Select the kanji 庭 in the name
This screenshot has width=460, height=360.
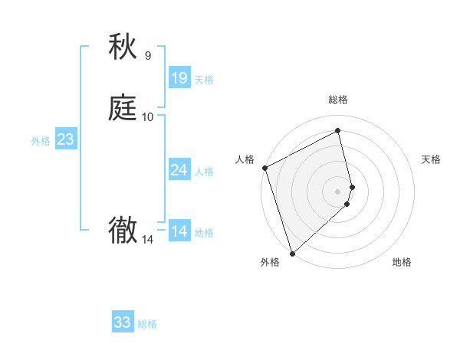click(x=123, y=108)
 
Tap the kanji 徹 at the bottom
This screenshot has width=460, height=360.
click(x=123, y=230)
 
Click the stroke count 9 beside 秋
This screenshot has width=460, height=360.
click(x=148, y=56)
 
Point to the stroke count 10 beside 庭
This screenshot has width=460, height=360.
click(x=148, y=117)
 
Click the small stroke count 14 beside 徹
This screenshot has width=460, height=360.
click(x=148, y=240)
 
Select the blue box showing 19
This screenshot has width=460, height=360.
click(x=179, y=78)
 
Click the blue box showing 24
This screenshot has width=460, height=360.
click(x=179, y=170)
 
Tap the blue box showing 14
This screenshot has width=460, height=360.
click(x=179, y=231)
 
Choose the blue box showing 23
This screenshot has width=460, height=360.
click(x=65, y=139)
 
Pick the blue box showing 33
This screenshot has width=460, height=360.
click(x=123, y=322)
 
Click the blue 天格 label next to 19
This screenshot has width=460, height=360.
click(x=204, y=80)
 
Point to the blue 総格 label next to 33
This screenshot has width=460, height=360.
click(x=147, y=324)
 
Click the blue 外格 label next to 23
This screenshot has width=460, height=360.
click(x=41, y=141)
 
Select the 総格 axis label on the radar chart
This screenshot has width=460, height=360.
click(x=338, y=100)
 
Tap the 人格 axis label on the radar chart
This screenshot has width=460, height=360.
click(x=245, y=159)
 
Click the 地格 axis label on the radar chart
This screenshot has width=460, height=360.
click(x=402, y=263)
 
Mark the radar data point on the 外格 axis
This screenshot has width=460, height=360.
click(x=292, y=253)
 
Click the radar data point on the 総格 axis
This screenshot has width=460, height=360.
click(x=338, y=131)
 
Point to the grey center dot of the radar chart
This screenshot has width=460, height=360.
click(x=338, y=191)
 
